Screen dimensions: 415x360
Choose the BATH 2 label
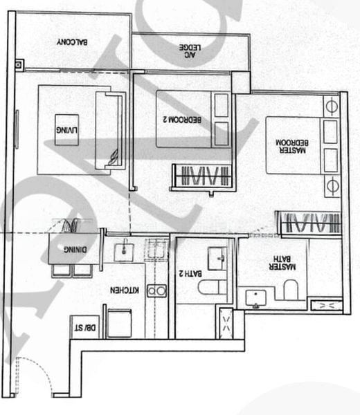tap(185, 274)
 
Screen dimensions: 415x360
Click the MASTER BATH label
tap(284, 266)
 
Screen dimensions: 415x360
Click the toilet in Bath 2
tap(209, 287)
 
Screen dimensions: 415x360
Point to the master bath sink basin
tap(256, 298)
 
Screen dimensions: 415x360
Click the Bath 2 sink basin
tap(220, 258)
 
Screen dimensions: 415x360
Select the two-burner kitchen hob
tap(155, 291)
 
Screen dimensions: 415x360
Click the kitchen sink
tap(123, 250)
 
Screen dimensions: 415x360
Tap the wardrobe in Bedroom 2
tap(201, 176)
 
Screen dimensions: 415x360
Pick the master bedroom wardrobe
tap(308, 223)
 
